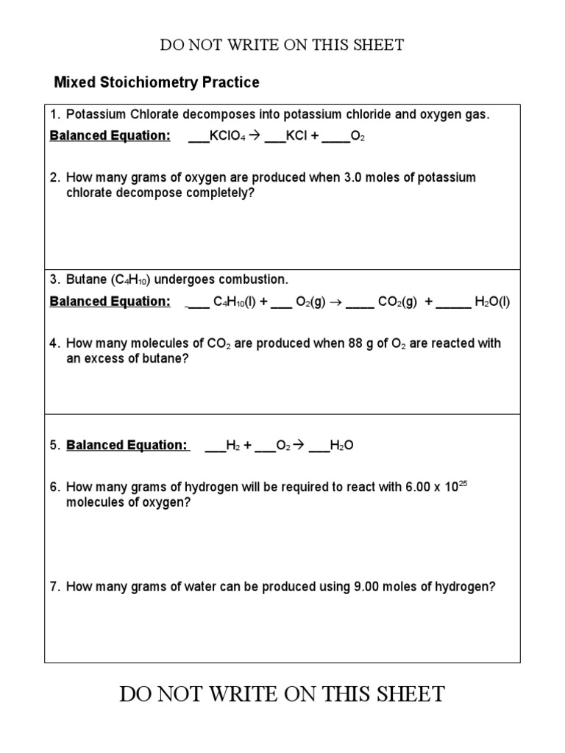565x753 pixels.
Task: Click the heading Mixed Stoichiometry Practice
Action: click(157, 82)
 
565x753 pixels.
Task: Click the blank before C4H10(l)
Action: click(198, 301)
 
